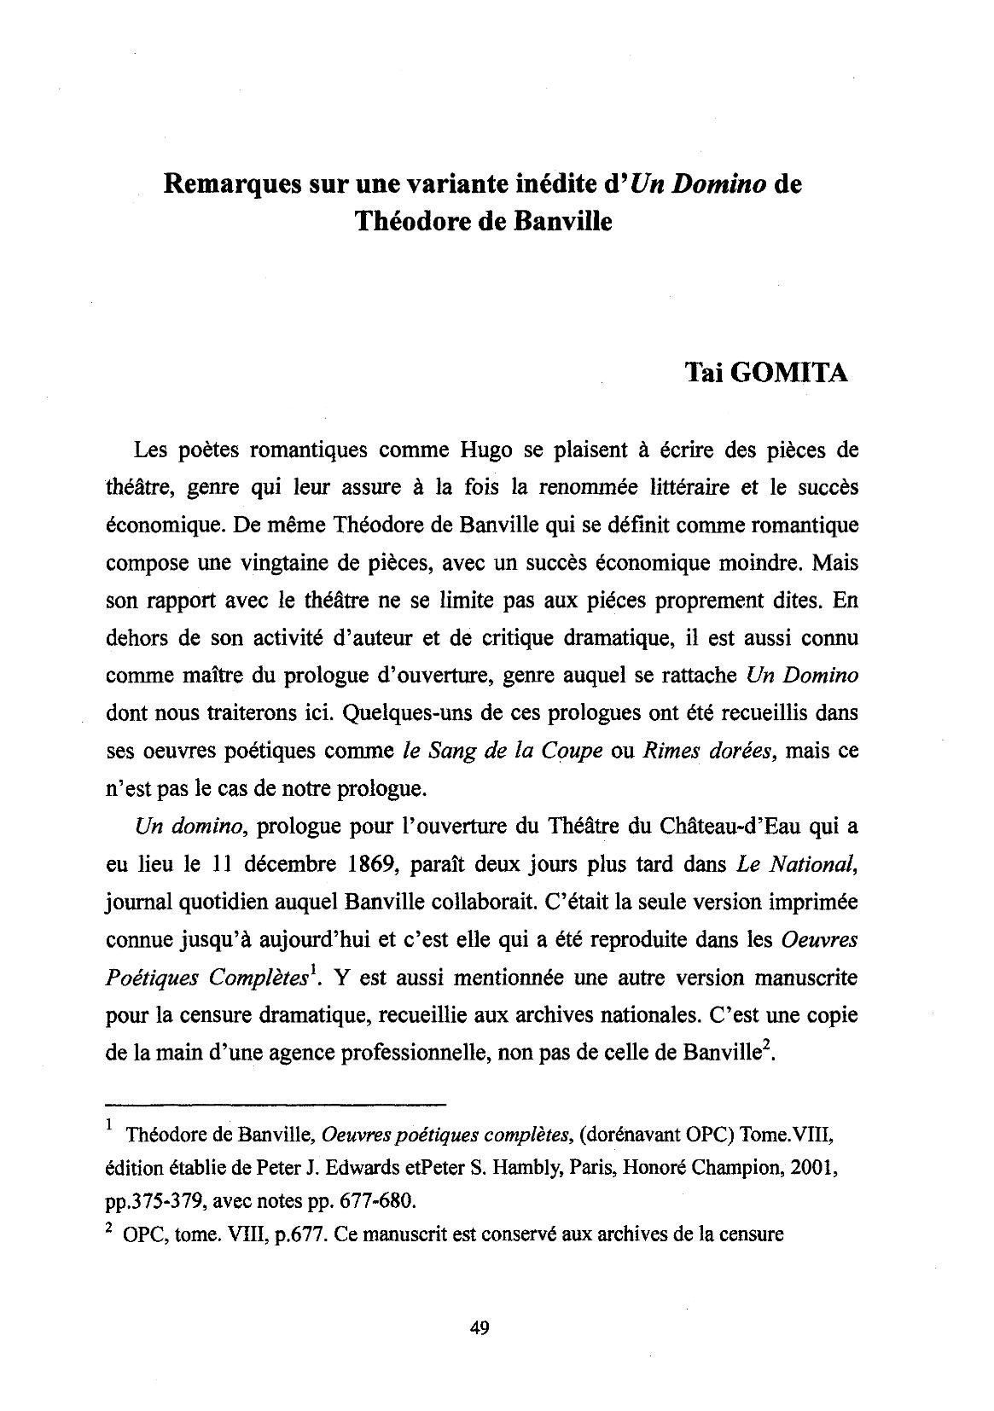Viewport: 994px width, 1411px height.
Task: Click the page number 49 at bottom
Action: [x=479, y=1327]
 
